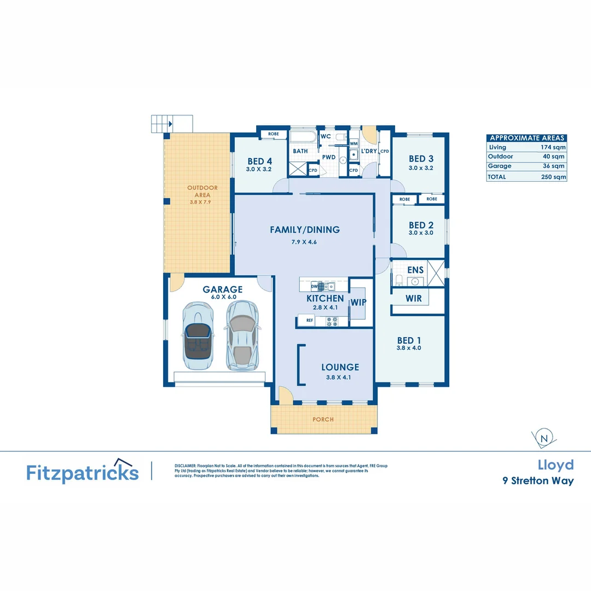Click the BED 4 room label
tap(259, 161)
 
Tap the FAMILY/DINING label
tap(305, 230)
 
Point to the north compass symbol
tap(544, 438)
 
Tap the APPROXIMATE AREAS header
tap(526, 138)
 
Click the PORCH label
tap(323, 419)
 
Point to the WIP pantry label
tap(358, 302)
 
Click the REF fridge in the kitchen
tap(310, 321)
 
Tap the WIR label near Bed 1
tap(413, 298)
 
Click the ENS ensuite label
tap(415, 270)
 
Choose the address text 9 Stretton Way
tap(538, 481)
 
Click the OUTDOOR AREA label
tap(202, 191)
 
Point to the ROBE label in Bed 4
tap(273, 134)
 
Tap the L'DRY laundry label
tap(369, 151)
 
